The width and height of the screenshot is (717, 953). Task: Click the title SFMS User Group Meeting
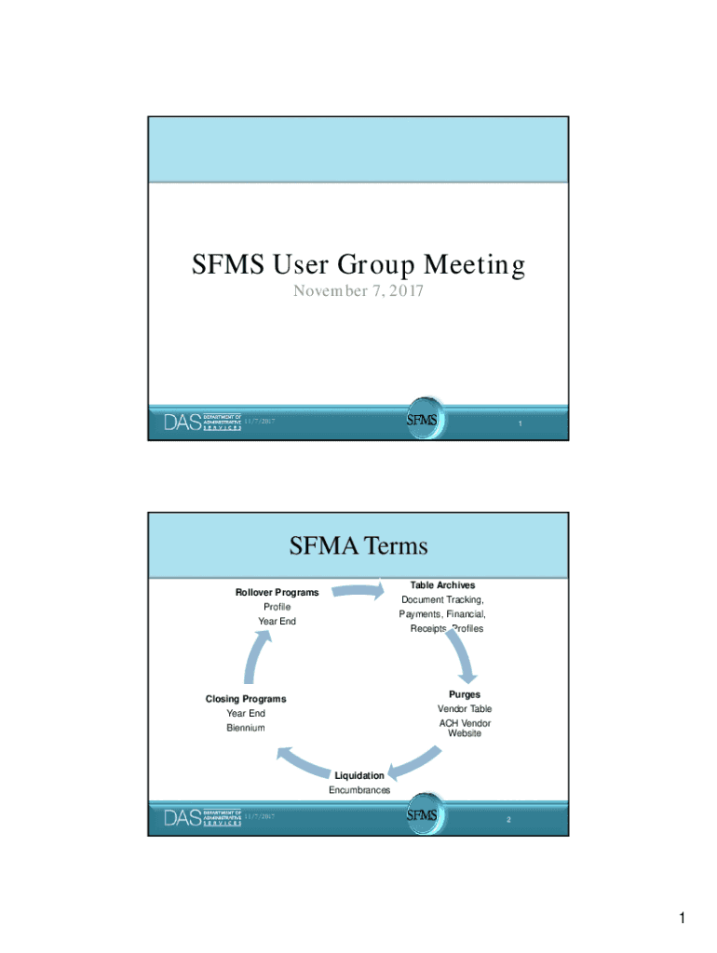point(358,265)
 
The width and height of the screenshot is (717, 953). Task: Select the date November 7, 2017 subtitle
point(358,291)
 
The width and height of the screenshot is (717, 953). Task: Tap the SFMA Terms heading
point(358,544)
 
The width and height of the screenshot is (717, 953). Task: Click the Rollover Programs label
point(277,592)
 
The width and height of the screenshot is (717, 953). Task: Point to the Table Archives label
point(442,585)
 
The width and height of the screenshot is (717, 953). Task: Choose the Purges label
point(465,694)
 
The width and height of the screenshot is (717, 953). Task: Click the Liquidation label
point(359,775)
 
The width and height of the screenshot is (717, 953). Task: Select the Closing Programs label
point(246,699)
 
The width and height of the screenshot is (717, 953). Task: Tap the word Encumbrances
point(359,790)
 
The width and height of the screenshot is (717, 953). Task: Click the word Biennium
point(246,728)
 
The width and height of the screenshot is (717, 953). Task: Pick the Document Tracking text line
point(442,600)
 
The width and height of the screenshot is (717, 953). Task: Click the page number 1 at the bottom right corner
point(683,920)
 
